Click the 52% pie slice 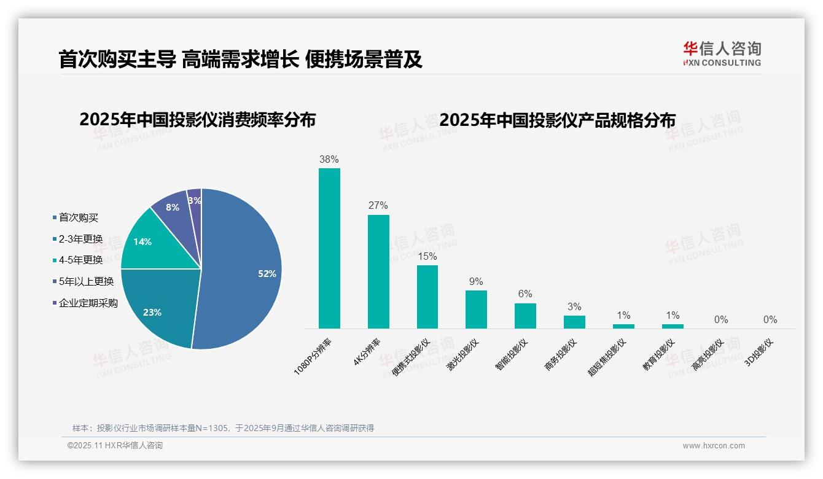246,270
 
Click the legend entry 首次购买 79,217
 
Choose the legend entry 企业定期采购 88,303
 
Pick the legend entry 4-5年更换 80,260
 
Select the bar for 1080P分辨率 329,249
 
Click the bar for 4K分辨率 378,271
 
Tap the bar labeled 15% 427,297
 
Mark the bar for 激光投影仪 476,310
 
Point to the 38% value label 329,160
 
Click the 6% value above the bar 525,294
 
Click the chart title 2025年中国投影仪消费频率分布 197,120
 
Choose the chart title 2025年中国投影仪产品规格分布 557,120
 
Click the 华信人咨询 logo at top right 722,53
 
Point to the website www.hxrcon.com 714,446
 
